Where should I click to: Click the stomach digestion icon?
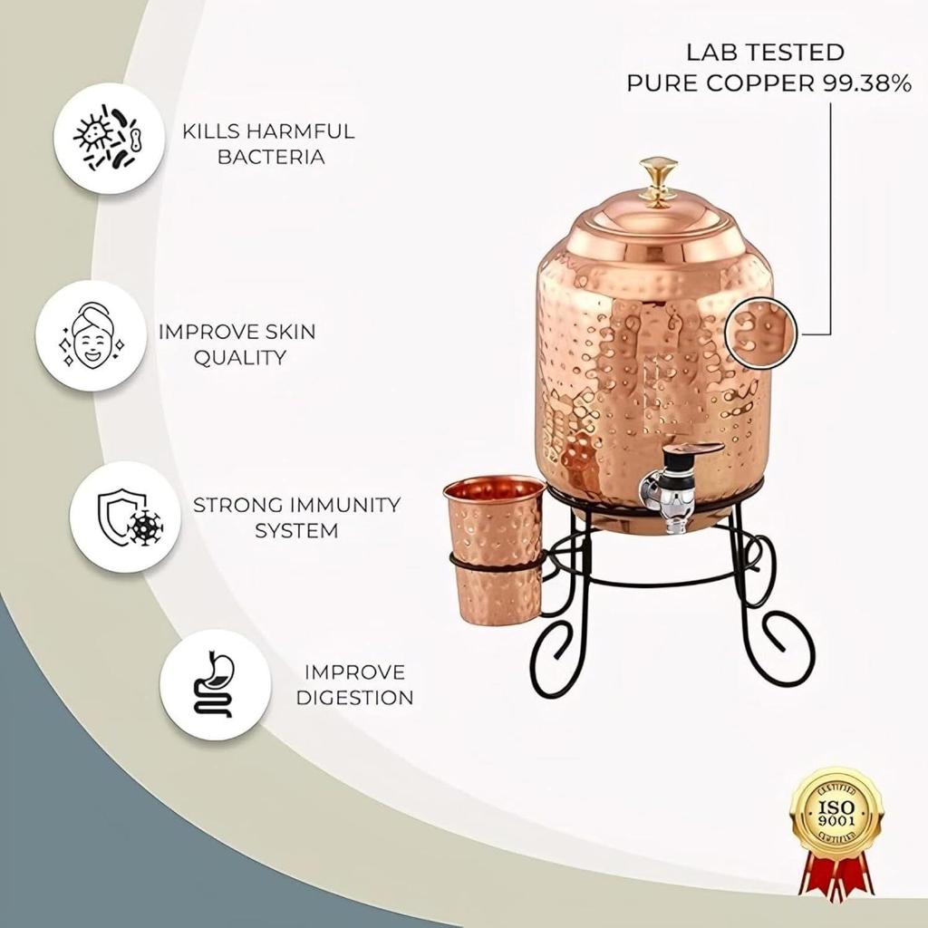point(215,685)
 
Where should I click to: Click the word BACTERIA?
point(269,157)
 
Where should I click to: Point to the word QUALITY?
point(240,357)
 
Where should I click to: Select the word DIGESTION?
point(354,698)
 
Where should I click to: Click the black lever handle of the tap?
point(697,449)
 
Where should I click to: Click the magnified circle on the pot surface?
point(760,333)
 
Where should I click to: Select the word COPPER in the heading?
point(767,83)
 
